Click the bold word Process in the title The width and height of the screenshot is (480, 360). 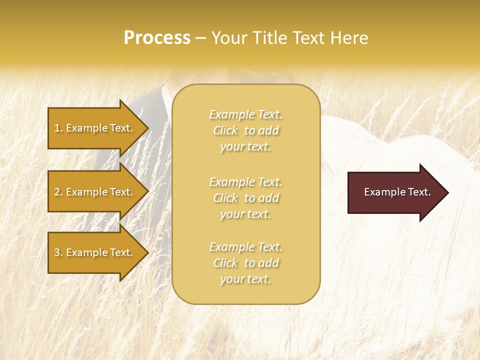coord(157,38)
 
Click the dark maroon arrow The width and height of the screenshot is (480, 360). coord(395,192)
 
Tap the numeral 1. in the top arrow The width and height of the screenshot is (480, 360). coord(58,128)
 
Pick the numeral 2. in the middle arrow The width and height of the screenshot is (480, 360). coord(58,192)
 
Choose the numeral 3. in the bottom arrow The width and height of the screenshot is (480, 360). coord(58,252)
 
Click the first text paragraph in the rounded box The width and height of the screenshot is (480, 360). coord(245,130)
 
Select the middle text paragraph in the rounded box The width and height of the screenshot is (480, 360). coord(245,198)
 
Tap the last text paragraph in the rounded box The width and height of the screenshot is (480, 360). coord(245,263)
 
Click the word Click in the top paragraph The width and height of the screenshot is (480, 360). coord(225,130)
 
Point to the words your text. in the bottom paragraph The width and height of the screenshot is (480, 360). coord(245,279)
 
